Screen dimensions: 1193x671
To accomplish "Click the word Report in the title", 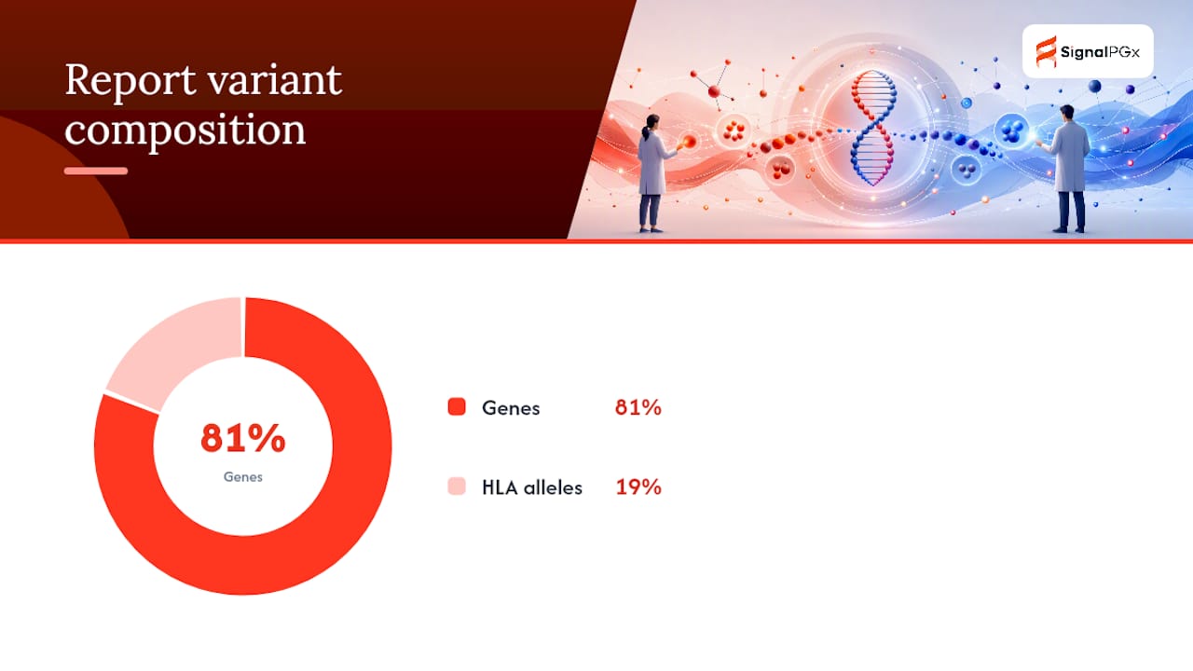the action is point(130,81).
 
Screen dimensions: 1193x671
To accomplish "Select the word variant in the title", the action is point(274,81).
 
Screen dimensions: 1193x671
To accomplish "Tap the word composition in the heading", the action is point(185,131).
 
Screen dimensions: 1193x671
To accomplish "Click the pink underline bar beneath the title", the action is point(96,171).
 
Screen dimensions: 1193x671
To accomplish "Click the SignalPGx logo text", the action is point(1100,52).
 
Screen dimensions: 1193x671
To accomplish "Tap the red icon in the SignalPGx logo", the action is point(1046,51).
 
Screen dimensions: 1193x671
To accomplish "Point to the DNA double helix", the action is point(873,128).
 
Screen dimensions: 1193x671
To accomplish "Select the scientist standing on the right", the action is point(1068,170).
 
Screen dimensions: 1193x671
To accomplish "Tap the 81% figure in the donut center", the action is point(243,438).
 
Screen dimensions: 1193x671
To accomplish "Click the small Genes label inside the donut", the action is point(243,476).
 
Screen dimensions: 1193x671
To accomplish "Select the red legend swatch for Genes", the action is point(457,406).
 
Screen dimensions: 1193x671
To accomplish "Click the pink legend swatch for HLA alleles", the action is point(457,486).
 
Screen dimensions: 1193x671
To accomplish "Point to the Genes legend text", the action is point(511,408).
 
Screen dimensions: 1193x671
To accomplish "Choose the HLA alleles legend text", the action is point(532,487).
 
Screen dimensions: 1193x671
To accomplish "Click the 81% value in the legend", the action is point(638,407).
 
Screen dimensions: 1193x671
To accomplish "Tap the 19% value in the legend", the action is point(638,486).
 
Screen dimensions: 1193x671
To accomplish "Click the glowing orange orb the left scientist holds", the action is point(689,142).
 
